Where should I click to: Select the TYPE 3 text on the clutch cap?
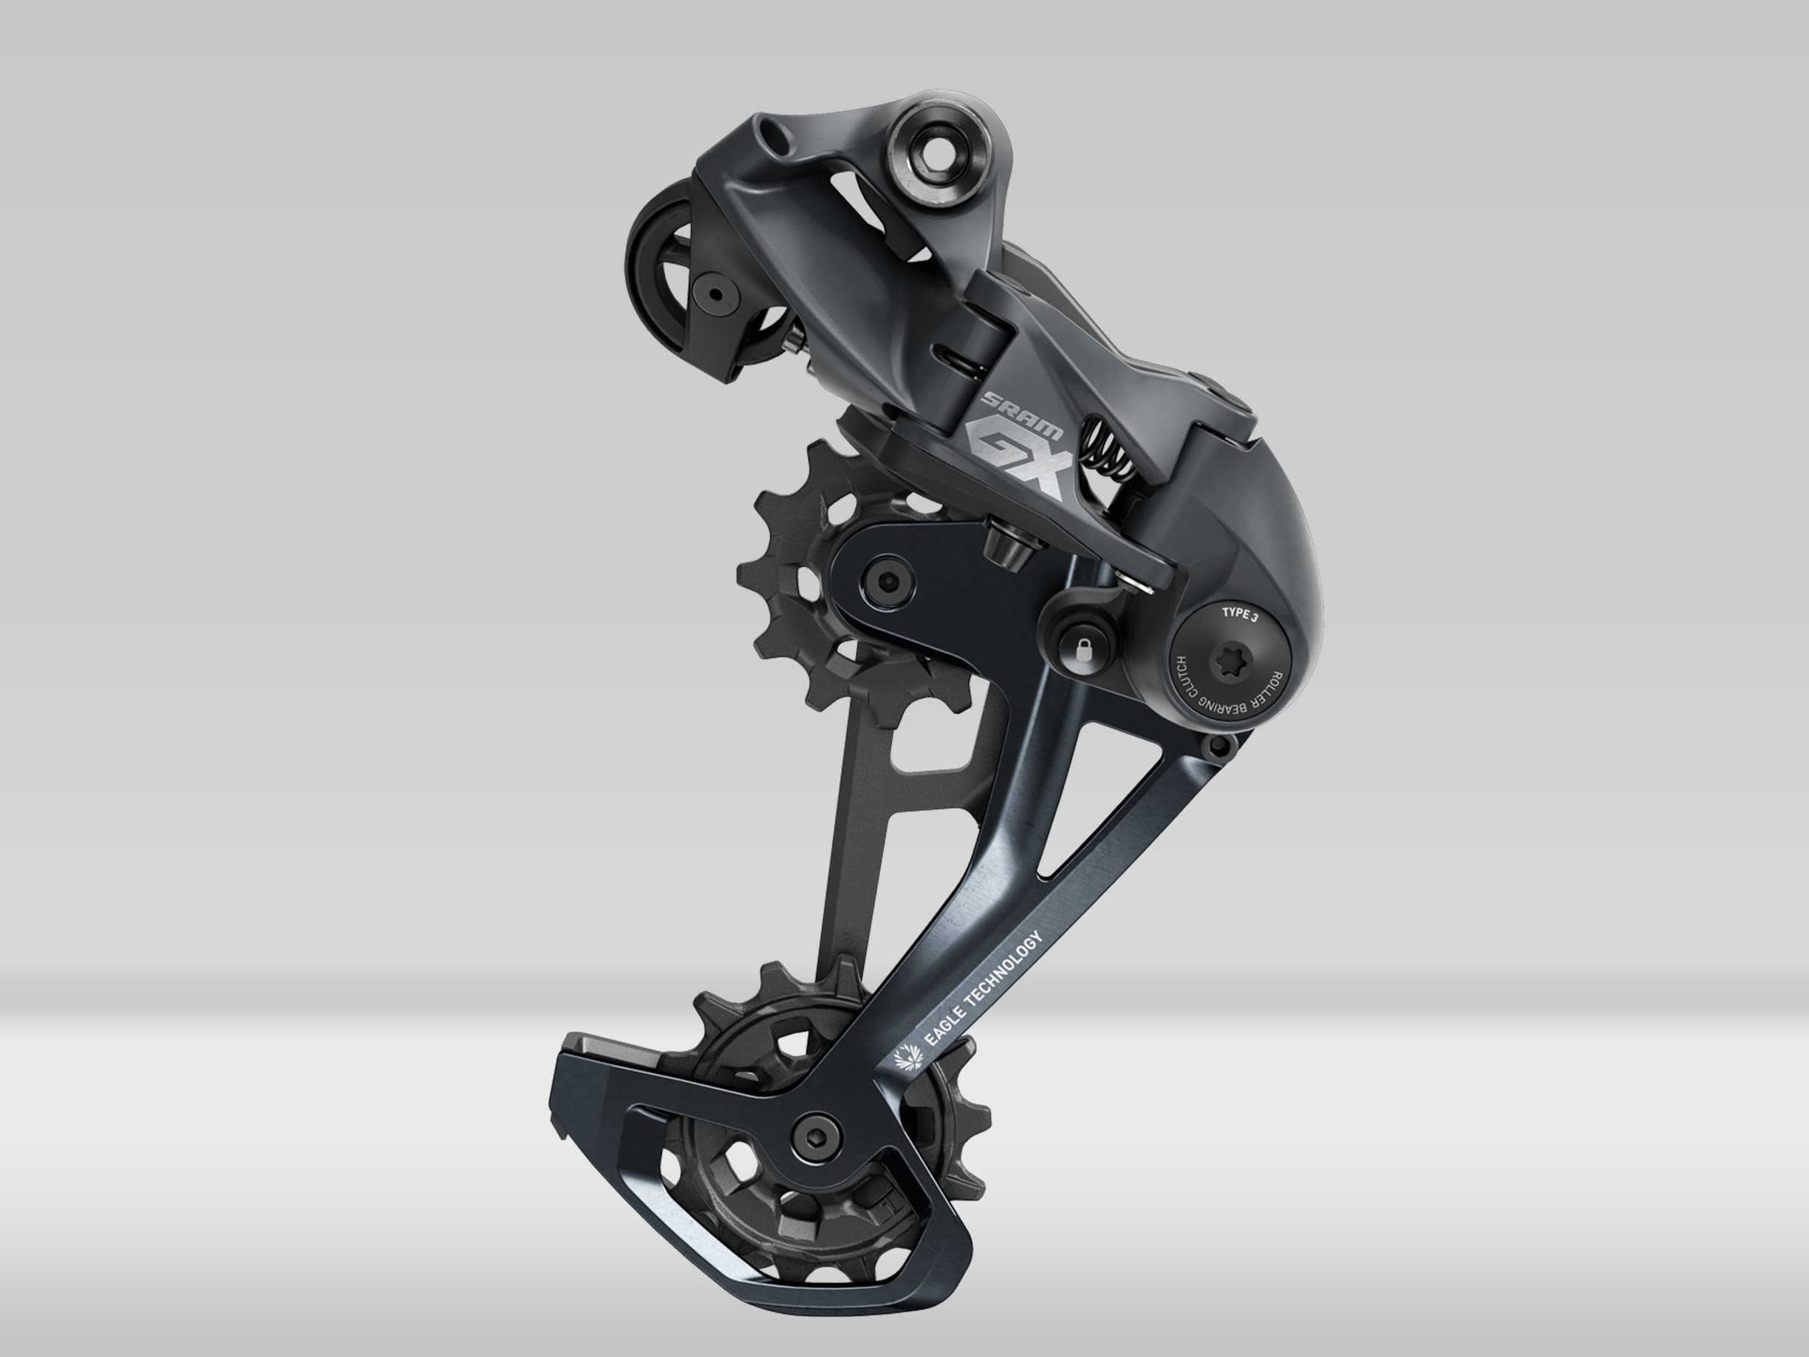click(x=1239, y=613)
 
